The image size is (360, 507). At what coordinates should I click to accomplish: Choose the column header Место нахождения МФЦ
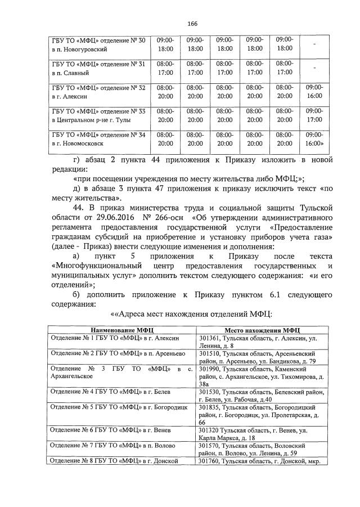(x=262, y=330)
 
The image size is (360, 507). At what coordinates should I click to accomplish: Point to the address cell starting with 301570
(x=262, y=449)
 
